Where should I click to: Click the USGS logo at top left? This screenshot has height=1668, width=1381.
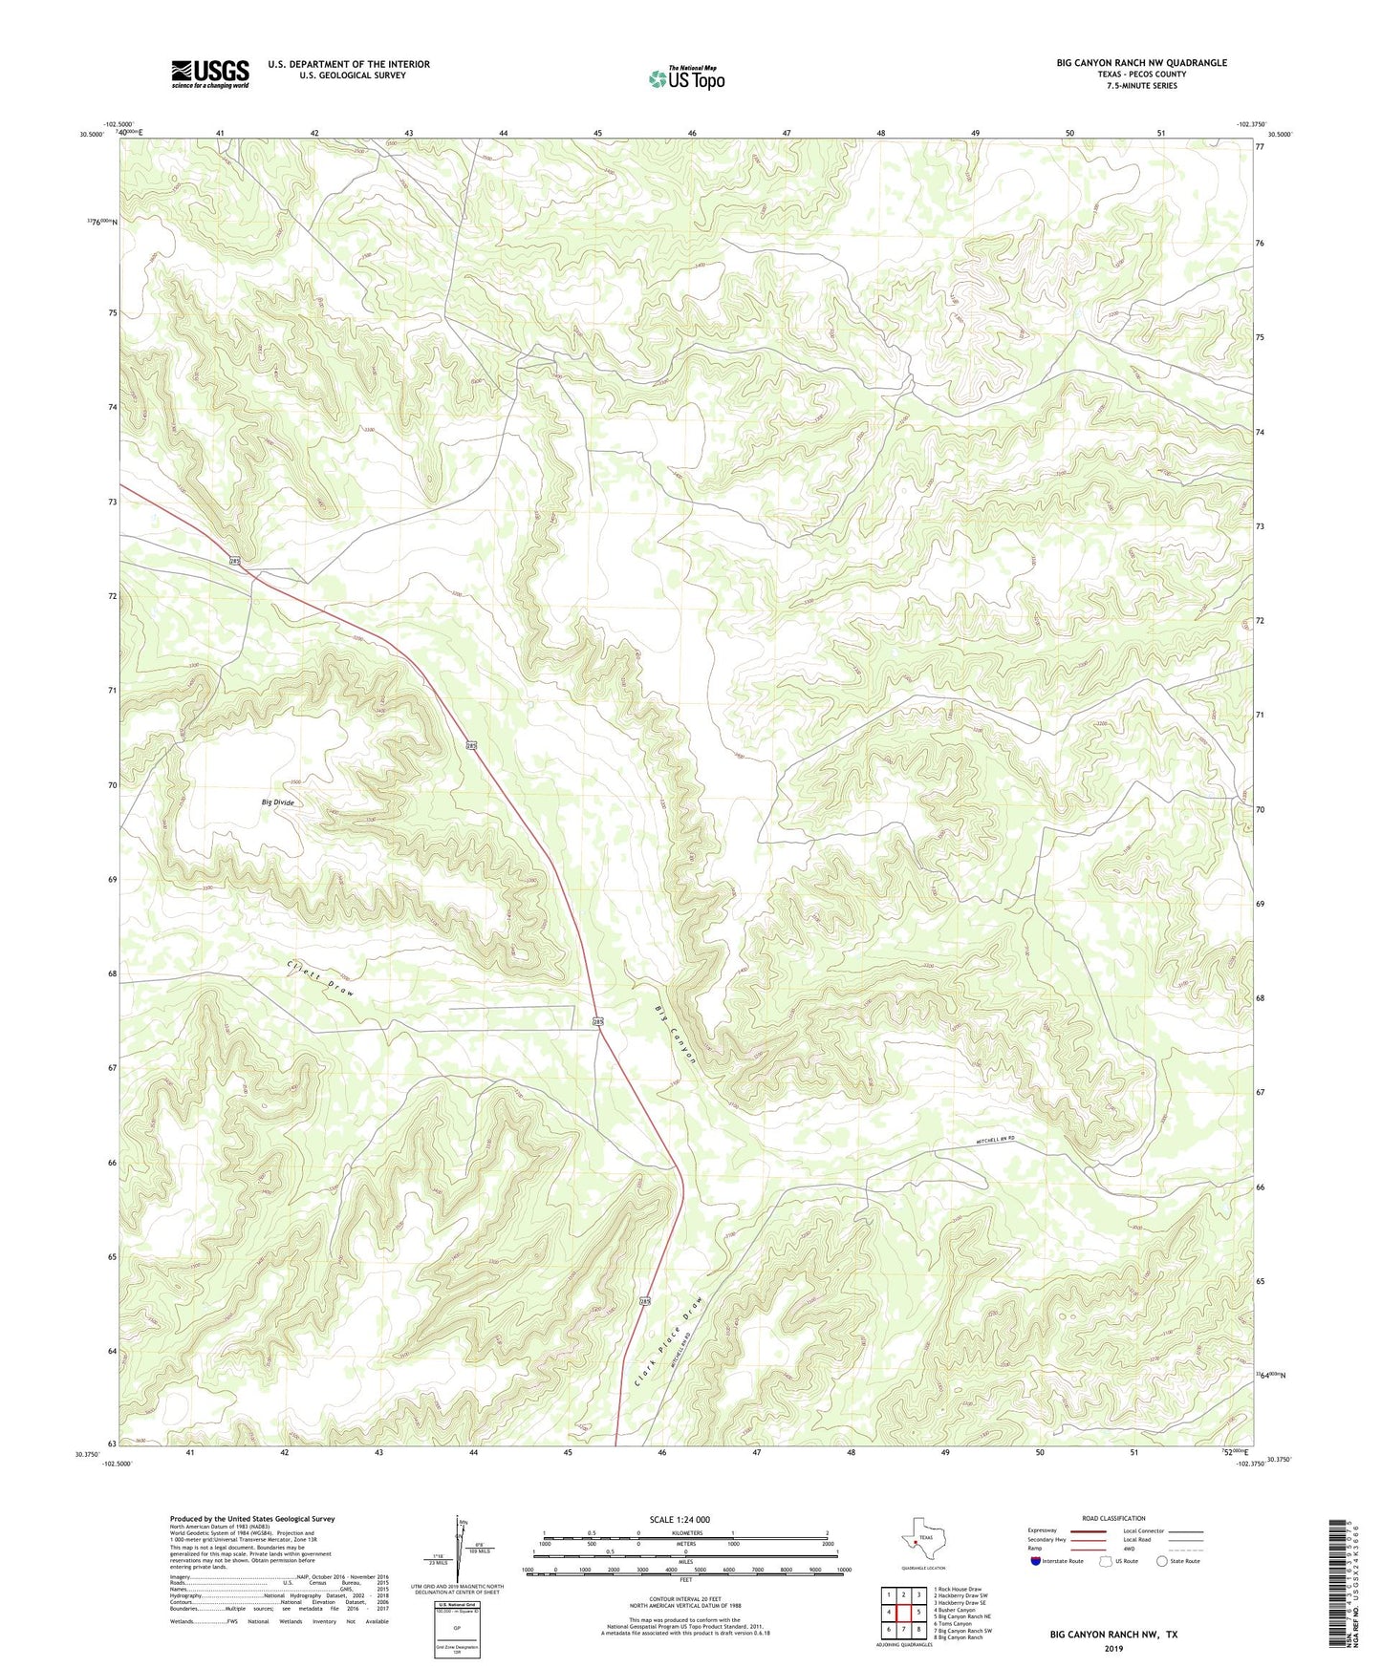tap(210, 74)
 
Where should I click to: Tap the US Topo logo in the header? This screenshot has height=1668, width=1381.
tap(686, 78)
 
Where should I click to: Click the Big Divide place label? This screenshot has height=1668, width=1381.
tap(278, 802)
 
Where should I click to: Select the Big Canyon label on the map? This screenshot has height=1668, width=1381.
tap(677, 1037)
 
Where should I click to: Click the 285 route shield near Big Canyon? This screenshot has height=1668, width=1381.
tap(598, 1022)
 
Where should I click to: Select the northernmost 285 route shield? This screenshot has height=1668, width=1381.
tap(235, 562)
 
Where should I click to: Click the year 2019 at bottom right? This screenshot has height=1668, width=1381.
tap(1113, 1648)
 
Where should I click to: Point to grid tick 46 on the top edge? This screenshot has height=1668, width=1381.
tap(691, 133)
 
